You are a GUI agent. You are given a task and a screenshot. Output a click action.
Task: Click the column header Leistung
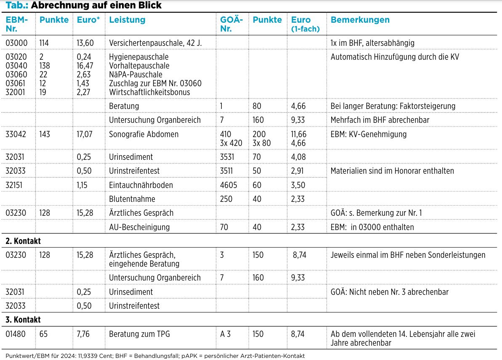(127, 20)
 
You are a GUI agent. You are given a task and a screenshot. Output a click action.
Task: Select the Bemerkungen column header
(360, 20)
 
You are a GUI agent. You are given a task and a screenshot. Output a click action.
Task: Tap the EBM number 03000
(17, 43)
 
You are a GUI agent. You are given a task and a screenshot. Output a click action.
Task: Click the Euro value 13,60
(85, 43)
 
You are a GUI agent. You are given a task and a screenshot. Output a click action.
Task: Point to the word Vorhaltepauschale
(139, 66)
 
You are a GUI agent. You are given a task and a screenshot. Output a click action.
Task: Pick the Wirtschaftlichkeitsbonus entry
(149, 92)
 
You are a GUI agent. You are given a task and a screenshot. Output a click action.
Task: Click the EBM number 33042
(16, 134)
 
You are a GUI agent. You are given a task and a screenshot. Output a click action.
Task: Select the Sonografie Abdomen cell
(144, 134)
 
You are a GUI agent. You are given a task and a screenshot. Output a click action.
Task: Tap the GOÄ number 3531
(227, 157)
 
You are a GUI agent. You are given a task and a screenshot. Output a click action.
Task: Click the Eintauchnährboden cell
(141, 185)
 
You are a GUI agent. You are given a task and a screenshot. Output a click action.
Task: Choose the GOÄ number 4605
(228, 185)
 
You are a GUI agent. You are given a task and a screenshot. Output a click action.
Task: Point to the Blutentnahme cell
(132, 199)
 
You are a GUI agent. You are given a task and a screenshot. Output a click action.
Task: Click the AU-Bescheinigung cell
(139, 227)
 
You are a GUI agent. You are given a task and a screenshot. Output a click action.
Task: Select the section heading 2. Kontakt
(23, 241)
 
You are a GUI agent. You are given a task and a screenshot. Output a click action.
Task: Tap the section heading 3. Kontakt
(23, 320)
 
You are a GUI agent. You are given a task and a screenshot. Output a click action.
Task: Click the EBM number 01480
(16, 334)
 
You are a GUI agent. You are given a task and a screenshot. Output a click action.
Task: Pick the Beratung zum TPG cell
(139, 334)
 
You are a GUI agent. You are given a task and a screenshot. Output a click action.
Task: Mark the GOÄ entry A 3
(226, 334)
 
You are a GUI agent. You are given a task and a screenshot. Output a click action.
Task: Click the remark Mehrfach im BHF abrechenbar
(380, 120)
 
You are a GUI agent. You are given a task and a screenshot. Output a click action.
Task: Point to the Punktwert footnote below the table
(155, 356)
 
